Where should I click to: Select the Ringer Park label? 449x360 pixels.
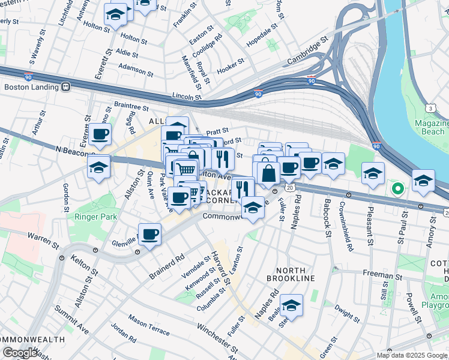click(90, 217)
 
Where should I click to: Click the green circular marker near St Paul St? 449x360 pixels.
click(397, 189)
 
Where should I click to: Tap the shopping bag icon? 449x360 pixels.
click(269, 174)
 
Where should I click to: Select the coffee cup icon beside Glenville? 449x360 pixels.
click(149, 234)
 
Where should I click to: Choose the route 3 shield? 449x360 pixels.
click(431, 108)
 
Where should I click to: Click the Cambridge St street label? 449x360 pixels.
click(307, 49)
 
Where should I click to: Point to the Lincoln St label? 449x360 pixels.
click(186, 96)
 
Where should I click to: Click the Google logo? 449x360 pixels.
click(20, 353)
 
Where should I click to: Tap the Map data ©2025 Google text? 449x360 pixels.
click(411, 355)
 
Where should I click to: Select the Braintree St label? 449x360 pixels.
click(131, 106)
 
